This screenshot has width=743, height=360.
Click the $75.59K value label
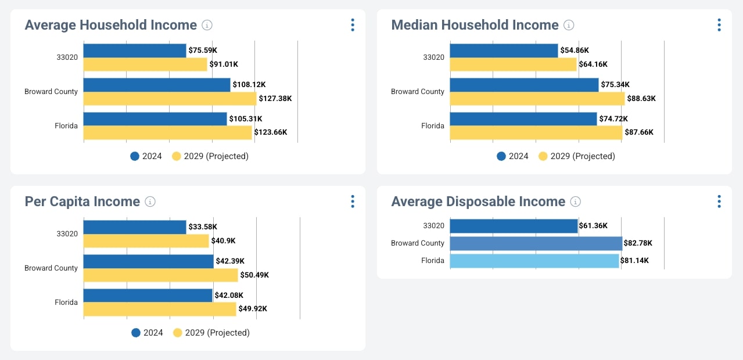coord(203,51)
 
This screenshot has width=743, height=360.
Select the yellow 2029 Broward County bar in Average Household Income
coord(170,99)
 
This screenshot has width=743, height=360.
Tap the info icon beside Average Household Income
coord(207,25)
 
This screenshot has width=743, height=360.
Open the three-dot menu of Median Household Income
coord(719,25)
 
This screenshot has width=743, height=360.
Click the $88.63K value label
coord(641,99)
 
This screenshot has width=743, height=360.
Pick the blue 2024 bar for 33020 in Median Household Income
coord(504,51)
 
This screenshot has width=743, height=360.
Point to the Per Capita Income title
coord(82,201)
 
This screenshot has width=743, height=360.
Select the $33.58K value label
coord(203,227)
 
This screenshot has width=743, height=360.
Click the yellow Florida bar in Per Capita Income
coord(160,309)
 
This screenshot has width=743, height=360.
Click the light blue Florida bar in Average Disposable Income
coord(534,261)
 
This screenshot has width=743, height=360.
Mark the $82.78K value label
coord(638,243)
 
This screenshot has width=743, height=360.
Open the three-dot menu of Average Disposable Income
coord(719,201)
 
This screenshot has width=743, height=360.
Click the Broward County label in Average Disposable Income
coord(418,243)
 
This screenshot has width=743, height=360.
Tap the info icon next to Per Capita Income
coord(150,201)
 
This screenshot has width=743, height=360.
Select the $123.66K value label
coord(271,132)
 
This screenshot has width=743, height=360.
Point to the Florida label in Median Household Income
coord(433,126)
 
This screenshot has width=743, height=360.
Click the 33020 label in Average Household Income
coord(67,57)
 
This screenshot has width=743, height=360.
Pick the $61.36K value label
coord(594,226)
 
